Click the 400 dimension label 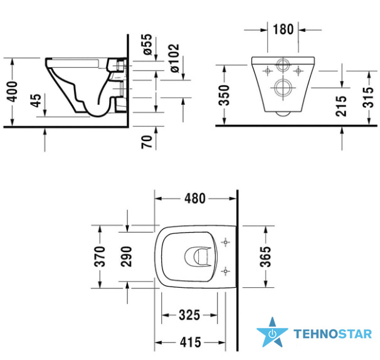point(13,92)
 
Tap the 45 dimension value point(36,100)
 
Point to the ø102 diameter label point(174,58)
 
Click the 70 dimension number point(147,142)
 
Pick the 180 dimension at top point(283,29)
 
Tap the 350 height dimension point(224,95)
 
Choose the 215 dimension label point(341,106)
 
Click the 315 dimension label point(368,97)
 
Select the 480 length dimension point(195,199)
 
